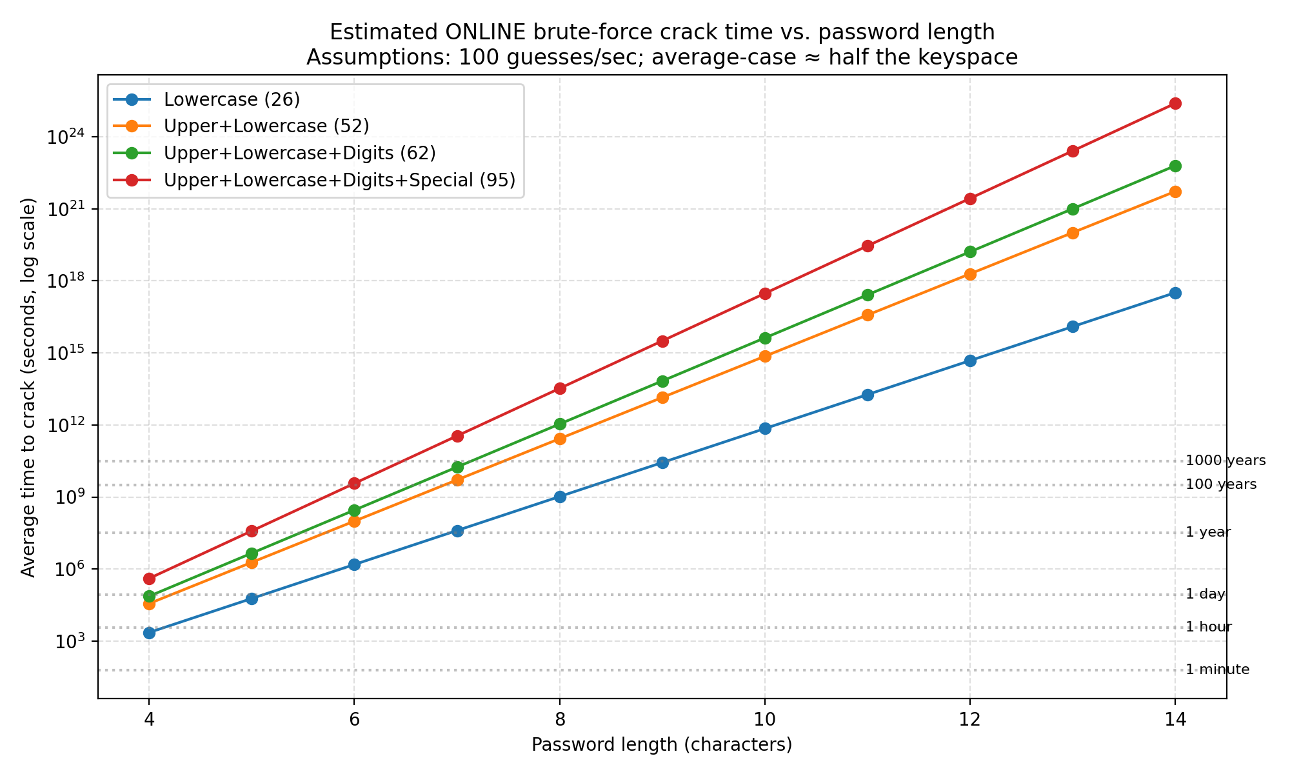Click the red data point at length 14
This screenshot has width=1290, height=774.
[x=1175, y=103]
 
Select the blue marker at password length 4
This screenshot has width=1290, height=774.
[x=149, y=633]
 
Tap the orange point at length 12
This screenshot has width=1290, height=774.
[x=970, y=274]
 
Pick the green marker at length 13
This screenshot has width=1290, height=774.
[x=1073, y=209]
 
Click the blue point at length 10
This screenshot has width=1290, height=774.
[x=765, y=428]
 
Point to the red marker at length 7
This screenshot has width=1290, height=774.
[x=457, y=436]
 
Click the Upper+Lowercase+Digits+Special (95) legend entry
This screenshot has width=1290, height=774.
[x=339, y=180]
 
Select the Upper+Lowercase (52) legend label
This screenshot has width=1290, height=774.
[x=266, y=126]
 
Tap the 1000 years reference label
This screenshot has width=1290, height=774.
[x=1225, y=461]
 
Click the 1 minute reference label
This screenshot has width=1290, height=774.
[x=1217, y=670]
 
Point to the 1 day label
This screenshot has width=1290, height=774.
[x=1205, y=594]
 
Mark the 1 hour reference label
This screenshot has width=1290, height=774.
[x=1208, y=627]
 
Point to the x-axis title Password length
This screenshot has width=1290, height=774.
[x=662, y=745]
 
